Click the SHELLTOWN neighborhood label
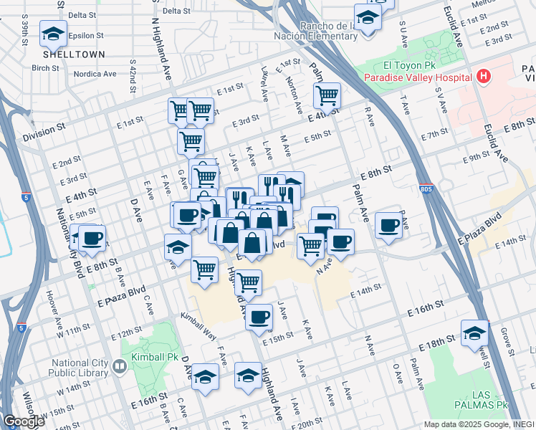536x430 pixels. [74, 54]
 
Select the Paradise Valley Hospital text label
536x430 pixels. [417, 77]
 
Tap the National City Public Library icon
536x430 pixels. [119, 366]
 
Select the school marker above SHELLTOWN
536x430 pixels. [53, 32]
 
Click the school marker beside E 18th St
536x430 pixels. [474, 333]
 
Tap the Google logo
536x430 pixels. [24, 421]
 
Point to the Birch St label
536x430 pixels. [45, 69]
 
